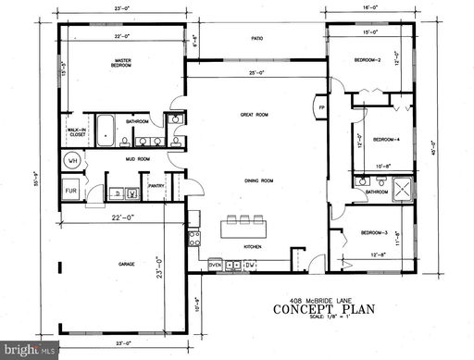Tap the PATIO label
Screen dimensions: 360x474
[x=258, y=39]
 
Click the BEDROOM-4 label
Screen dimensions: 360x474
[x=386, y=140]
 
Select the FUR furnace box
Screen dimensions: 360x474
[x=70, y=192]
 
